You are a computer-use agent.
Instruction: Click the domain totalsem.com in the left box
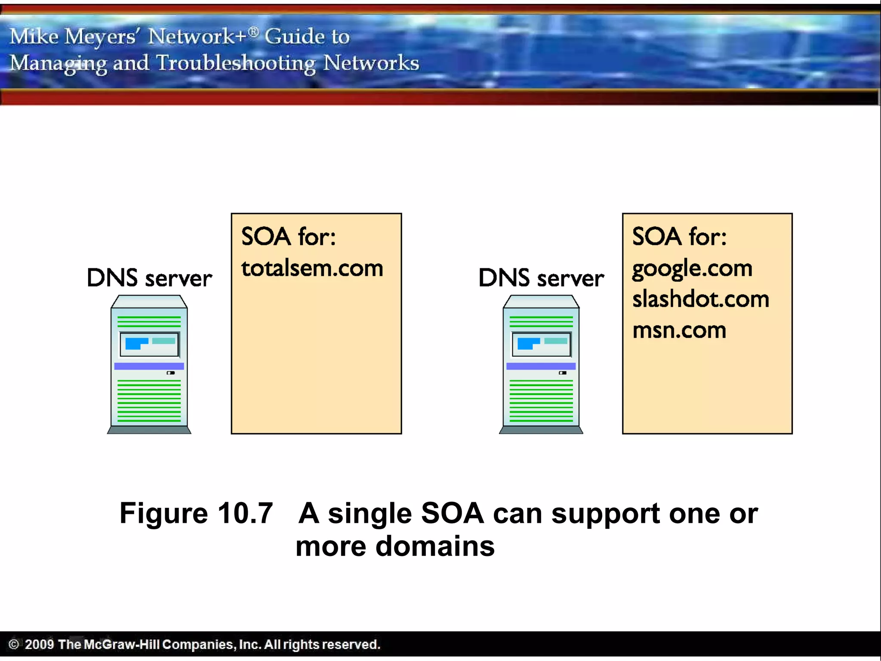click(312, 269)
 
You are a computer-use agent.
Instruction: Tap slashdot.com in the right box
click(700, 299)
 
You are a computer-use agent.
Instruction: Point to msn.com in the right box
click(679, 330)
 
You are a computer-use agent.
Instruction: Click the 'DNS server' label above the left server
click(149, 278)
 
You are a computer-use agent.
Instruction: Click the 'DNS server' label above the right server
click(541, 278)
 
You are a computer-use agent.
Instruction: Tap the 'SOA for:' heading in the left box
click(288, 237)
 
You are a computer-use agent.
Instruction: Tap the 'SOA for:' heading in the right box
click(679, 237)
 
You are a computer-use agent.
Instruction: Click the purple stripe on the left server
click(149, 366)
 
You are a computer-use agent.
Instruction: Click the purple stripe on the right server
click(541, 366)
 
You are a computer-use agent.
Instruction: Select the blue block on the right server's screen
click(526, 343)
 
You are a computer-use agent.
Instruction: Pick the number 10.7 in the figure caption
click(245, 513)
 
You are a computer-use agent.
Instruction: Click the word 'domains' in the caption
click(435, 547)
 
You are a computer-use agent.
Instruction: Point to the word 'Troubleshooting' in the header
click(236, 63)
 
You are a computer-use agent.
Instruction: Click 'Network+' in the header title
click(197, 36)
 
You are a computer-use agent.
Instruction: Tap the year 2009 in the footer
click(39, 644)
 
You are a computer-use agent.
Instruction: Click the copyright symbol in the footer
click(14, 644)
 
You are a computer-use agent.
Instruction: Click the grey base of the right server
click(541, 429)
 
